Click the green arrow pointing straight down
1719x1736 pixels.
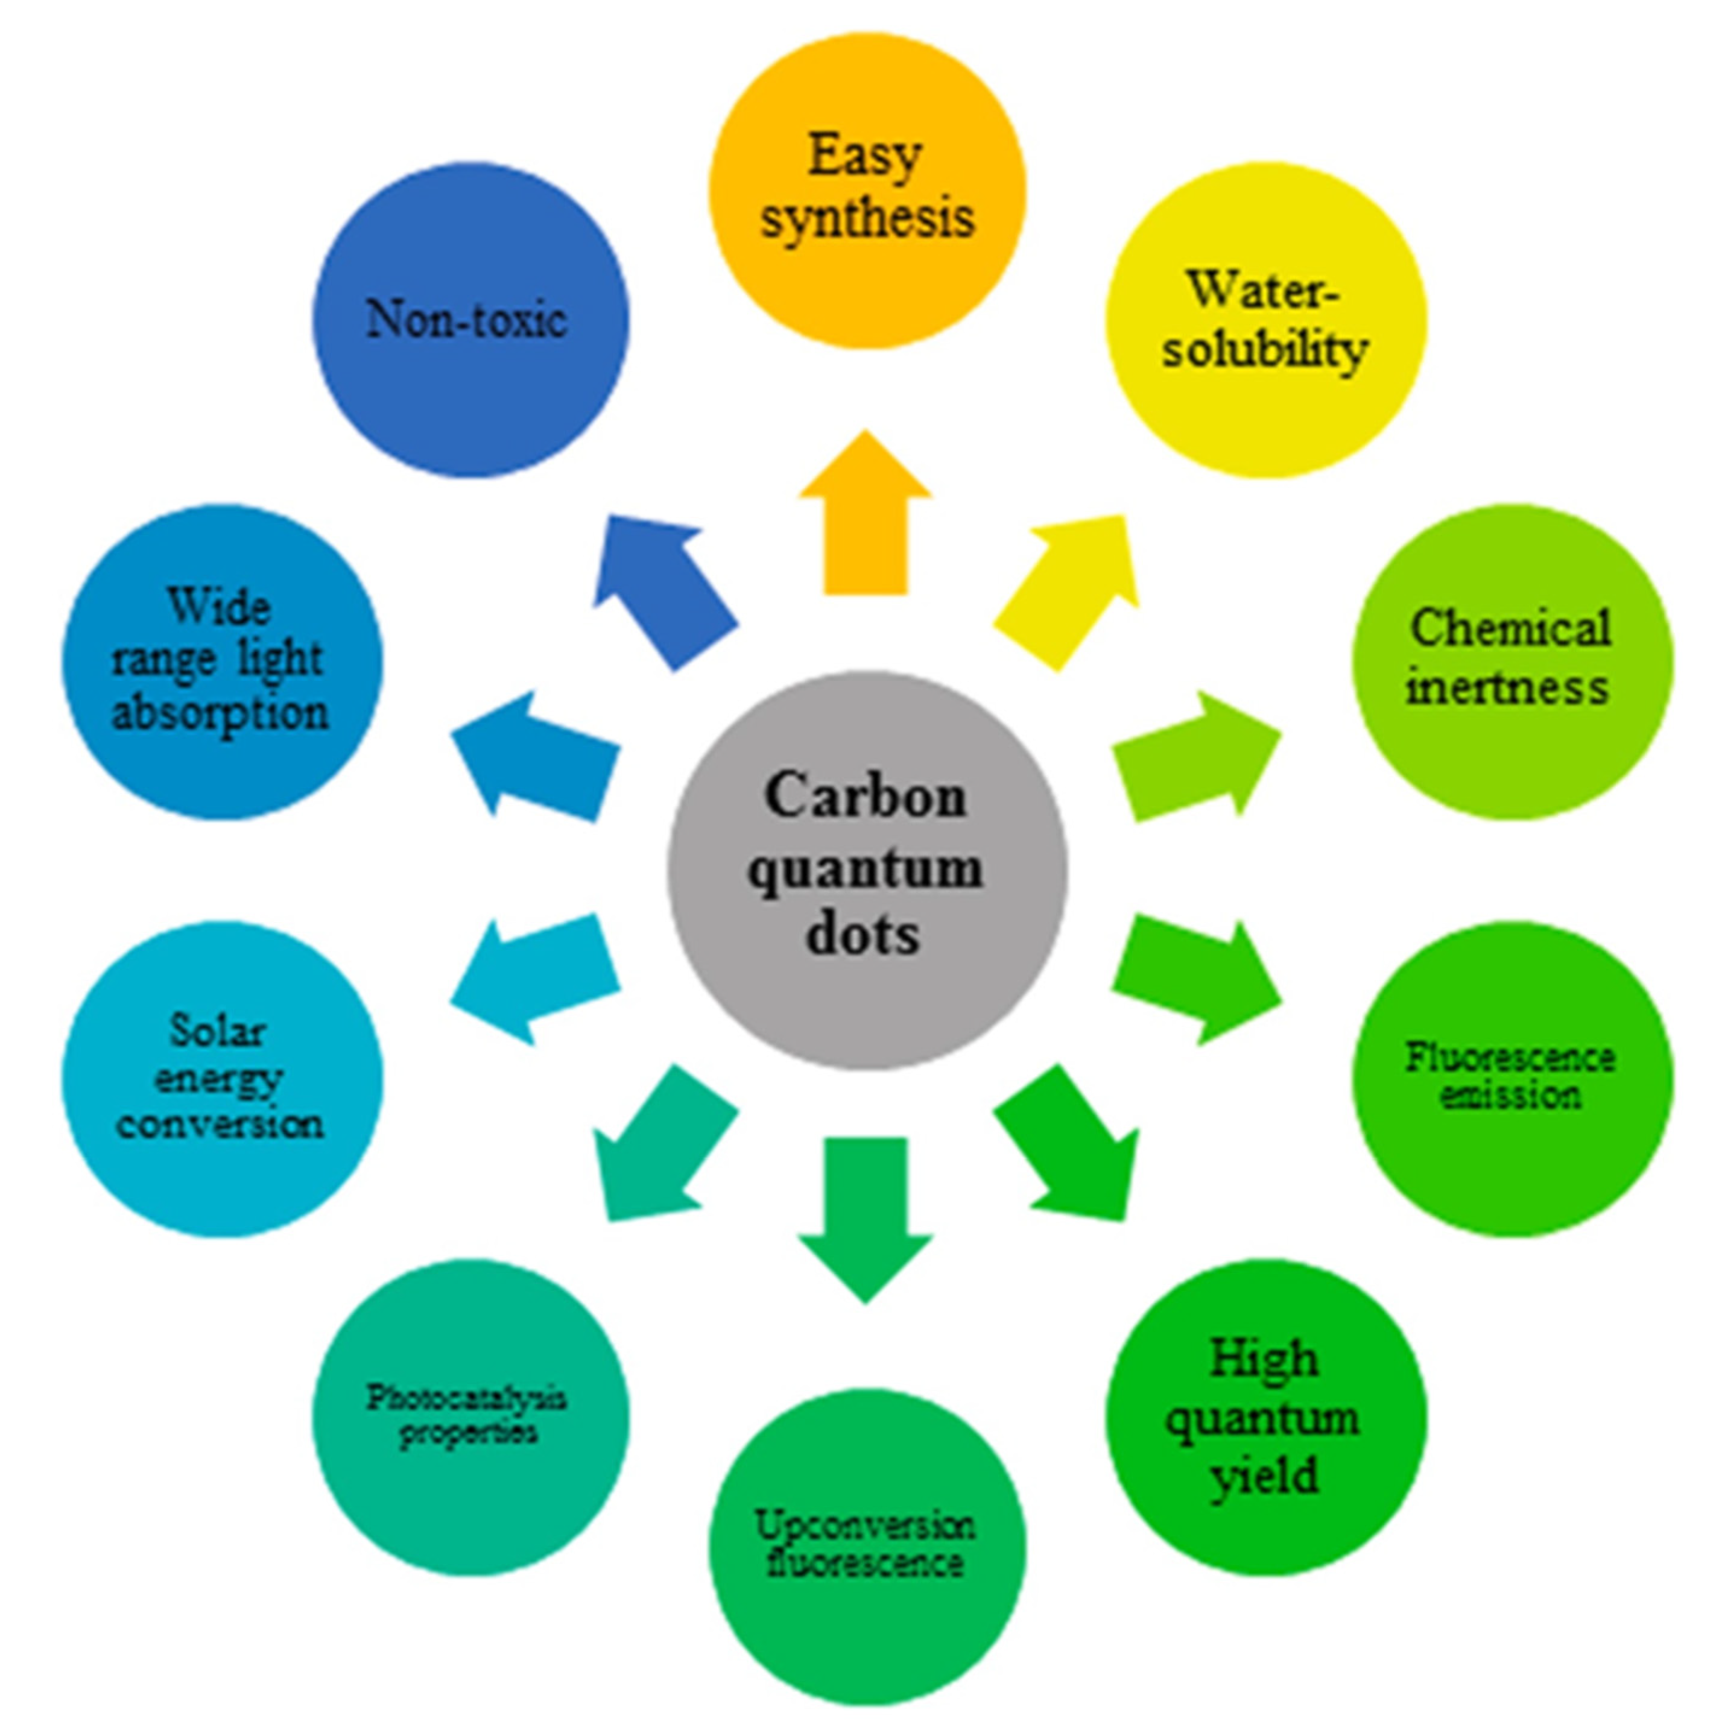point(866,1213)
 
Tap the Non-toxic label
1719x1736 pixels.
point(467,320)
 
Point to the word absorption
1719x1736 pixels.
point(220,715)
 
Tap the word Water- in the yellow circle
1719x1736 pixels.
point(1262,290)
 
